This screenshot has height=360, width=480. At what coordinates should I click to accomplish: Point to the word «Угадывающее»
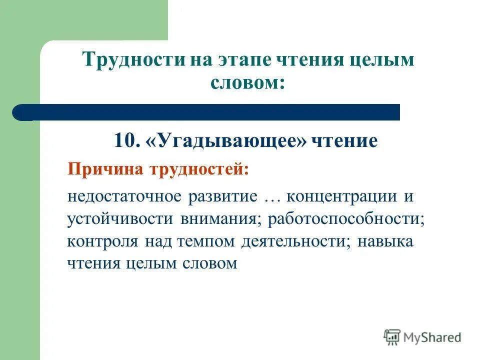(x=226, y=141)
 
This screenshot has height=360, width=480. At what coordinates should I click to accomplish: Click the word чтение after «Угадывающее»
(x=344, y=141)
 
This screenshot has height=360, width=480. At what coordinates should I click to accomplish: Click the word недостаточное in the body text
(x=125, y=196)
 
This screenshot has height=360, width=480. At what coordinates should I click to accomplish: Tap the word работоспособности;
(x=345, y=219)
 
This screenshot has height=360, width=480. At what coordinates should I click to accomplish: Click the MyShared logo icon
(x=392, y=337)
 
